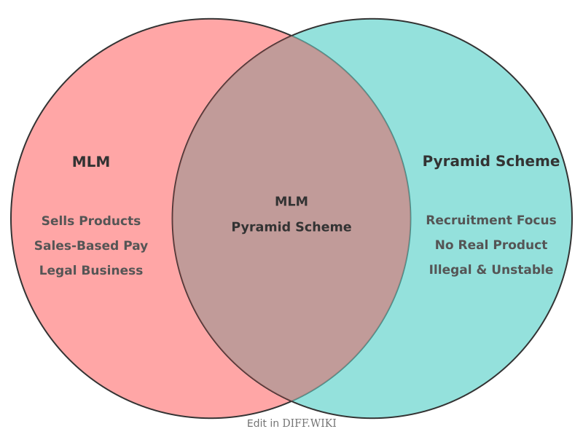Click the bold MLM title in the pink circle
click(91, 162)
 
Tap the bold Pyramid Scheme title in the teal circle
click(491, 162)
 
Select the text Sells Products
click(91, 221)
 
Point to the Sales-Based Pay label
click(91, 245)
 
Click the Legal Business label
click(91, 270)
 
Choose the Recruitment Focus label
click(491, 220)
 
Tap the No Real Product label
click(491, 245)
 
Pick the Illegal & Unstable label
click(491, 269)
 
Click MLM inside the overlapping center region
click(291, 202)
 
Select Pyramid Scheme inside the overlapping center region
click(291, 227)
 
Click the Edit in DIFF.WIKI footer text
click(291, 423)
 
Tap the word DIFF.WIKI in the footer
click(310, 423)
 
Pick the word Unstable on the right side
click(523, 269)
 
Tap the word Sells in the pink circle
click(57, 221)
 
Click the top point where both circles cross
click(291, 35)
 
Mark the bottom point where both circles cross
click(291, 401)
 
